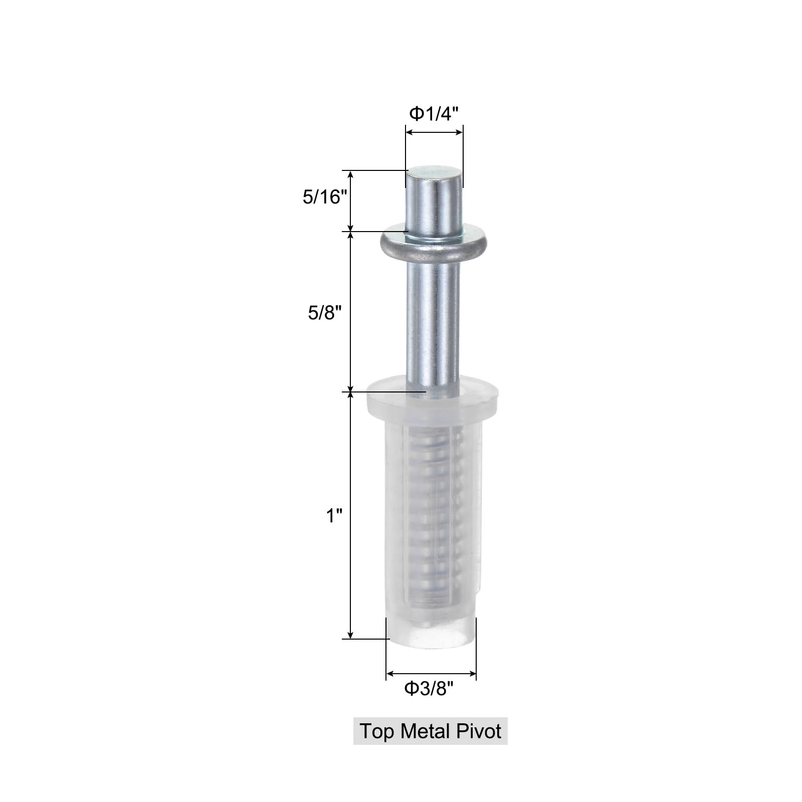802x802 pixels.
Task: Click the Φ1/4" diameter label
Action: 434,114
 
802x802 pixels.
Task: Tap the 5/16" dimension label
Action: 325,197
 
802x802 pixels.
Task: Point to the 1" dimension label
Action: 334,515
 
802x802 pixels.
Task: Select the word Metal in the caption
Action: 426,731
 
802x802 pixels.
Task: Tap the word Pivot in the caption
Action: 479,731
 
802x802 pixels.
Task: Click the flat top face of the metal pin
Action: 433,173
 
